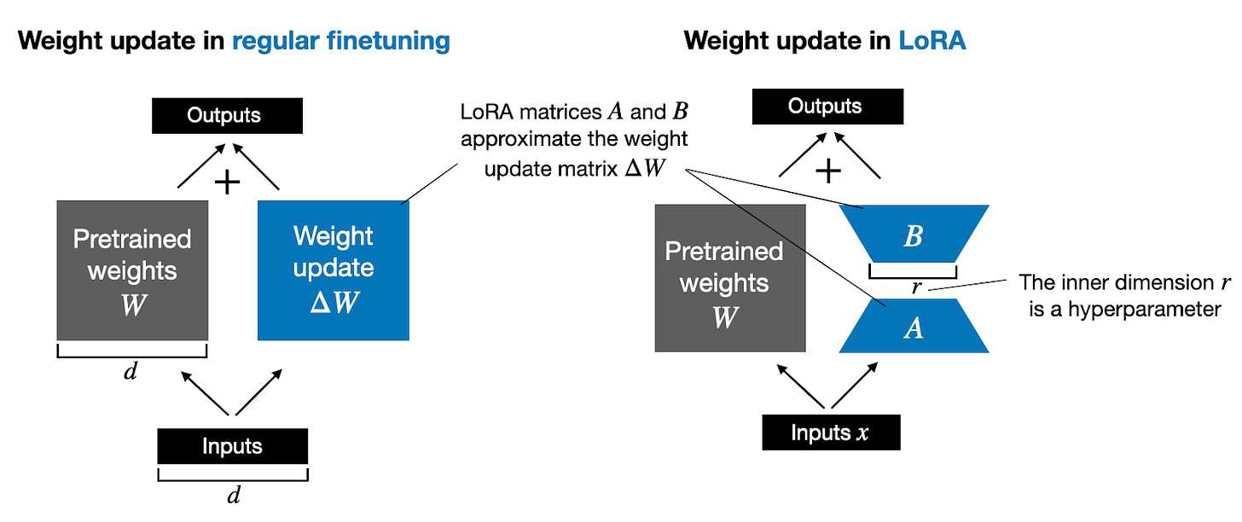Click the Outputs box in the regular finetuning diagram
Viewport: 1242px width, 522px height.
(x=226, y=115)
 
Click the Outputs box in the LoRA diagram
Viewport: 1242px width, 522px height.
(x=826, y=107)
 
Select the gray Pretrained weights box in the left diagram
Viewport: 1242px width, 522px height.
(x=132, y=270)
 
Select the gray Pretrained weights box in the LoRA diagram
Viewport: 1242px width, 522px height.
(x=730, y=277)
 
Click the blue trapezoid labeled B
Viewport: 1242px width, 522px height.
(x=914, y=235)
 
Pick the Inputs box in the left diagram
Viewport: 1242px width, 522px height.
(x=232, y=446)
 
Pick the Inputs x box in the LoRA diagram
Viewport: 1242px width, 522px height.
(x=831, y=432)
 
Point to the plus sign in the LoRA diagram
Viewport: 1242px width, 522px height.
(x=827, y=171)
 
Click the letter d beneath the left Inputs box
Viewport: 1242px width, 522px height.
(x=232, y=496)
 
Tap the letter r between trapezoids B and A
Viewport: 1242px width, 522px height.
(x=916, y=287)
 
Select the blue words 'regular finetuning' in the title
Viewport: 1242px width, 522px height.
(x=341, y=40)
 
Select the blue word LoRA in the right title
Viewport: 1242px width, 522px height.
(x=932, y=40)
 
